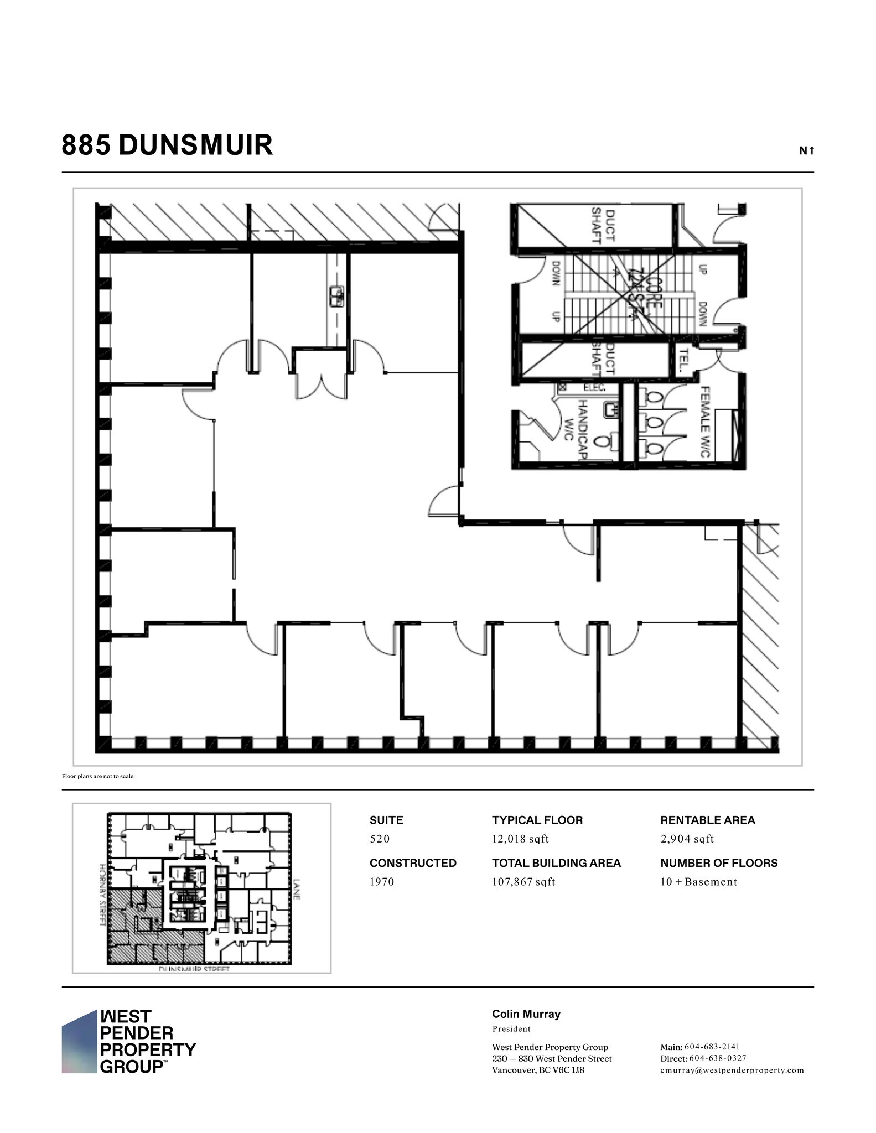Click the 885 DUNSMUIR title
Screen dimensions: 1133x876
pos(167,145)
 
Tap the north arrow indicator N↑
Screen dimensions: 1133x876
pos(806,150)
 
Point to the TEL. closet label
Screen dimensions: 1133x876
pos(683,360)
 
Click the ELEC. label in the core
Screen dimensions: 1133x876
pos(594,388)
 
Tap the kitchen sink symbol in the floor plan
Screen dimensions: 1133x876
pos(336,297)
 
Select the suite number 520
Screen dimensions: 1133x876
pos(380,839)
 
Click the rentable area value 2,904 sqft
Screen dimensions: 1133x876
pos(687,839)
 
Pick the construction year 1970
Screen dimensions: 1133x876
pos(382,882)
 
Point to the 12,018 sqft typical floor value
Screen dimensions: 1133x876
pos(520,839)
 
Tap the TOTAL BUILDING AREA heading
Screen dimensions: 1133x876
pos(556,863)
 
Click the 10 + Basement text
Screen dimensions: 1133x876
pos(698,882)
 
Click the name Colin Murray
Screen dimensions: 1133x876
pos(526,1014)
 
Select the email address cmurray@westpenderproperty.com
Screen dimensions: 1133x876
pos(732,1070)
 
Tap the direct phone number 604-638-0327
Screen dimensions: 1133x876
pos(718,1058)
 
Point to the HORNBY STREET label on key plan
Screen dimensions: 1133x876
pos(102,893)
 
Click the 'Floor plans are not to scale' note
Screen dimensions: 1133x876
pos(97,776)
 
